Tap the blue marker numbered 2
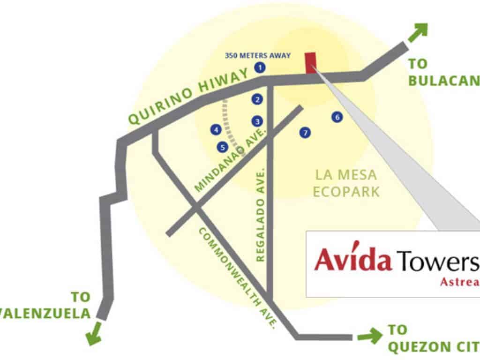click(257, 99)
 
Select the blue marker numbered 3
click(256, 121)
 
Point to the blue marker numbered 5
click(222, 147)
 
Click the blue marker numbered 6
click(337, 117)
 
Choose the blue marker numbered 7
click(305, 133)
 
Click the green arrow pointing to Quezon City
click(370, 336)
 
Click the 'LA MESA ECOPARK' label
click(346, 183)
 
